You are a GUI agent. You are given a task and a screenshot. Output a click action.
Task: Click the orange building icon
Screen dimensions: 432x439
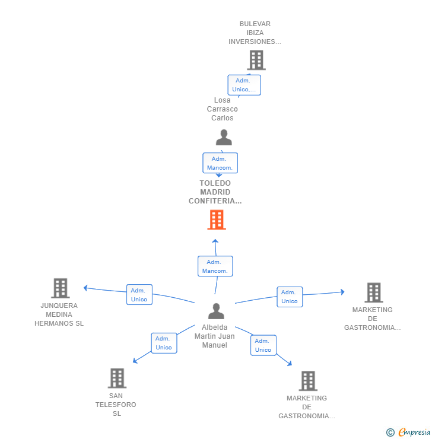click(217, 220)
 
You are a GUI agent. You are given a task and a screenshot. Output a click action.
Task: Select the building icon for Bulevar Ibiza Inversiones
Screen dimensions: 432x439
click(256, 60)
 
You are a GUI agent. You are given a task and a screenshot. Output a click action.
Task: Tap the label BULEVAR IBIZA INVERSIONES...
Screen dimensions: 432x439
click(255, 33)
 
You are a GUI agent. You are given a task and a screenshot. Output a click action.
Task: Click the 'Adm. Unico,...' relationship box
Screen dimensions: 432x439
click(244, 85)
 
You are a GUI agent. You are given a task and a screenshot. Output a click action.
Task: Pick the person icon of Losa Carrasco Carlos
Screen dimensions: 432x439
click(224, 137)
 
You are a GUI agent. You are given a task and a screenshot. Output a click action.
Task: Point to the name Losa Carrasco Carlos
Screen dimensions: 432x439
click(223, 109)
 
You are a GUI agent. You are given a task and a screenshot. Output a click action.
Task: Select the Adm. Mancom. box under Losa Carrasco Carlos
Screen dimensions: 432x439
click(220, 163)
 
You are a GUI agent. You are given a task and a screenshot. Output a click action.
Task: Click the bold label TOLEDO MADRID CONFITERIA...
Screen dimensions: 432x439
click(215, 192)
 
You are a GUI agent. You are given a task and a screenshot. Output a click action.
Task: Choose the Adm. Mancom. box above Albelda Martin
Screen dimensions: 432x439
click(215, 266)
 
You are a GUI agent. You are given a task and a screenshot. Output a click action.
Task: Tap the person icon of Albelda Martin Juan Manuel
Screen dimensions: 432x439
click(216, 311)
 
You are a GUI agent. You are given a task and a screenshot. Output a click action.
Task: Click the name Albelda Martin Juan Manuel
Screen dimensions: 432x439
click(214, 336)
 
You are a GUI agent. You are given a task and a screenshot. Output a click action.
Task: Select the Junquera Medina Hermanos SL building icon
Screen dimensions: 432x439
click(60, 288)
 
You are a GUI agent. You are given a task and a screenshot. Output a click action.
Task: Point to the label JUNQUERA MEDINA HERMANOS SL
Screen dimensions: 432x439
click(59, 314)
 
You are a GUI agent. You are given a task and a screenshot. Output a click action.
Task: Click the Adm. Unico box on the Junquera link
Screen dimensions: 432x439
click(139, 294)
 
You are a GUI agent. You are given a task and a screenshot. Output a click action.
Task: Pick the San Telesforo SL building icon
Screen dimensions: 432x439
click(117, 378)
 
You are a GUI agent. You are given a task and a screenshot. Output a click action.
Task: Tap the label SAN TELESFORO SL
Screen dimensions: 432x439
click(116, 405)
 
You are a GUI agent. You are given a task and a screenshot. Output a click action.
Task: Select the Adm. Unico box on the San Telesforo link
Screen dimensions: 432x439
click(164, 343)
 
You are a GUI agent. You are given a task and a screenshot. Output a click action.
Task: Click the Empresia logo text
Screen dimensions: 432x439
click(414, 432)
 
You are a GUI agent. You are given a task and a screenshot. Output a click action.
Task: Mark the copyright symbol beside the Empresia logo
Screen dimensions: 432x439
click(390, 432)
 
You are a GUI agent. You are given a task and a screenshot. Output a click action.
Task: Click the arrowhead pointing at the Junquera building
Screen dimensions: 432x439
click(85, 288)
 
